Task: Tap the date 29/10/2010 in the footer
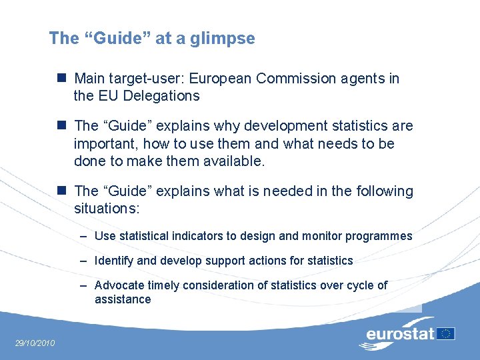pyautogui.click(x=35, y=343)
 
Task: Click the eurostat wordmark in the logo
pyautogui.click(x=400, y=333)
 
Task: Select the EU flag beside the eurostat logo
pyautogui.click(x=446, y=333)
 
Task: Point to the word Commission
pyautogui.click(x=289, y=79)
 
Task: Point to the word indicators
pyautogui.click(x=196, y=236)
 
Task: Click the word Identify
pyautogui.click(x=115, y=261)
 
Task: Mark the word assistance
pyautogui.click(x=123, y=299)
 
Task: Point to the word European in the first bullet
pyautogui.click(x=221, y=79)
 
